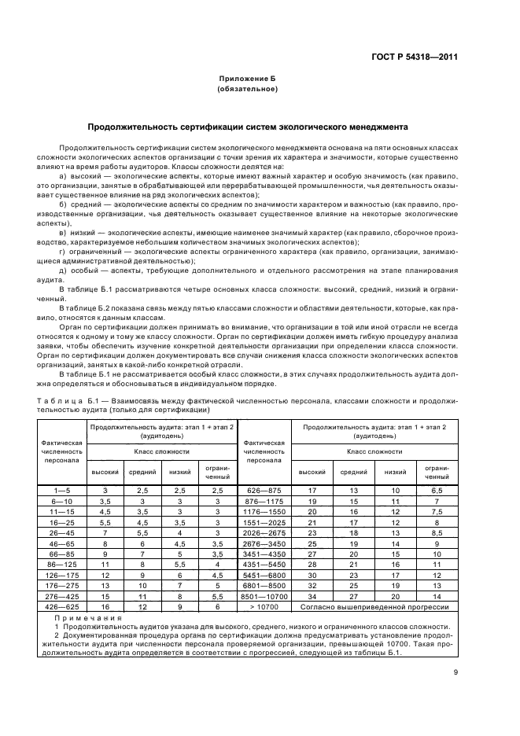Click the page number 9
click(x=455, y=671)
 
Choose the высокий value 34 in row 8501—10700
click(x=312, y=596)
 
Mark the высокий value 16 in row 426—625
click(x=105, y=606)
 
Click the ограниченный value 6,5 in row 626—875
click(x=437, y=490)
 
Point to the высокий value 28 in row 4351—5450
click(x=312, y=564)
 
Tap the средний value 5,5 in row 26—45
click(x=142, y=532)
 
